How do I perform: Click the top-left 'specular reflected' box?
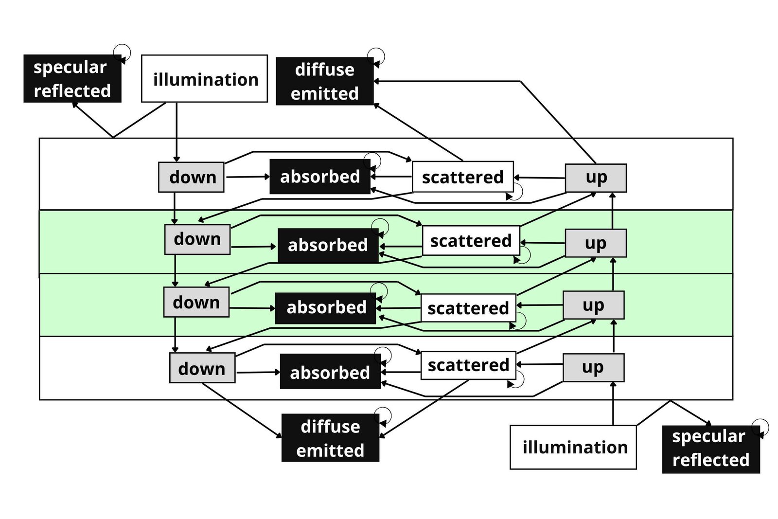point(72,79)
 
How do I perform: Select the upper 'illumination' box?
point(204,79)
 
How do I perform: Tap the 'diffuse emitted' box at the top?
point(324,81)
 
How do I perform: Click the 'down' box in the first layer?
point(191,177)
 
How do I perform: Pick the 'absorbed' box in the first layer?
point(319,177)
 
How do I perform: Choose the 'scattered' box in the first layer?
point(462,177)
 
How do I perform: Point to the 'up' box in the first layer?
point(596,178)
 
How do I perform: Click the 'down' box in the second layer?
point(197,239)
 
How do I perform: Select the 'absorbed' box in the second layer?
point(328,245)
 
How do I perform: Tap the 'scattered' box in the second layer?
point(471,241)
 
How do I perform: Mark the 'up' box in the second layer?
point(596,243)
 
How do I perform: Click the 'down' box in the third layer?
point(196,302)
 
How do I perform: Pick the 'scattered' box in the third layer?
point(468,308)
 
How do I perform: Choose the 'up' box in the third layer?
point(593,305)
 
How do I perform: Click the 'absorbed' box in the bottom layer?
point(330,372)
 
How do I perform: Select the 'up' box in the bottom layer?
point(593,367)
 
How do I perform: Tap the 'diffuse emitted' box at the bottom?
point(330,438)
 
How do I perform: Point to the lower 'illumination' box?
point(573,447)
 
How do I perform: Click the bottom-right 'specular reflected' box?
point(710,449)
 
